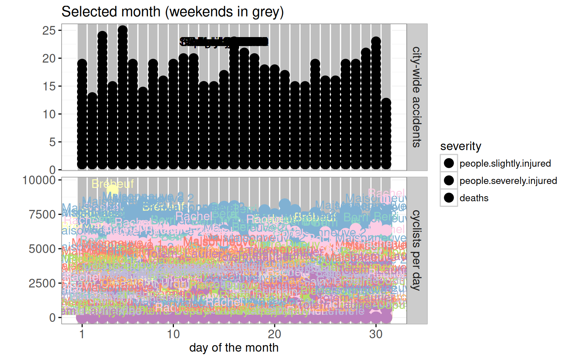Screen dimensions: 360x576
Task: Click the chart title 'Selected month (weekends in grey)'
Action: [172, 12]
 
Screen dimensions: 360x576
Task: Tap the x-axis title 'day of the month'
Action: [234, 348]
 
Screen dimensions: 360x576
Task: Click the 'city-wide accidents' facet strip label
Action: [417, 97]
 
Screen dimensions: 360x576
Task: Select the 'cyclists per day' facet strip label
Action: [417, 250]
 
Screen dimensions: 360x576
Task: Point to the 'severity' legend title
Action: [460, 146]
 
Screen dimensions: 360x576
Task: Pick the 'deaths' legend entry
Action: [474, 198]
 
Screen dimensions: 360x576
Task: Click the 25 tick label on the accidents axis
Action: [49, 31]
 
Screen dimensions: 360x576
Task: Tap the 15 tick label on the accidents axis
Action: [49, 86]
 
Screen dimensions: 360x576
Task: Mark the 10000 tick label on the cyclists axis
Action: [39, 180]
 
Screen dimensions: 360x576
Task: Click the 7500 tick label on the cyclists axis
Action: [42, 215]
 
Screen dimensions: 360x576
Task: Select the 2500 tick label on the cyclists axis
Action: [42, 283]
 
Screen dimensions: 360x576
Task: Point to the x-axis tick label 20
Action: [274, 334]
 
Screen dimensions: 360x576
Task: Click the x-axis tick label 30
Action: [376, 334]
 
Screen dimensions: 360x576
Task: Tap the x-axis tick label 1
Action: [82, 334]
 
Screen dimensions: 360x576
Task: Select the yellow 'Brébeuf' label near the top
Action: [113, 184]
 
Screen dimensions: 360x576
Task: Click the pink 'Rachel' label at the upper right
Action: [386, 193]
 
